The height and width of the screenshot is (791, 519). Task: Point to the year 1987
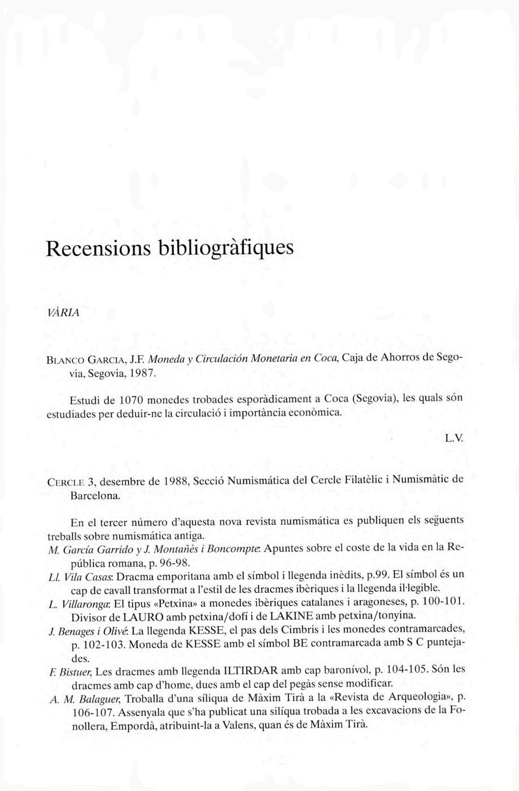[x=137, y=373]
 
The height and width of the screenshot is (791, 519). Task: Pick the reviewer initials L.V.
[x=454, y=438]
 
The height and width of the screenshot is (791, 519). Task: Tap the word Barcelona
[x=95, y=495]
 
